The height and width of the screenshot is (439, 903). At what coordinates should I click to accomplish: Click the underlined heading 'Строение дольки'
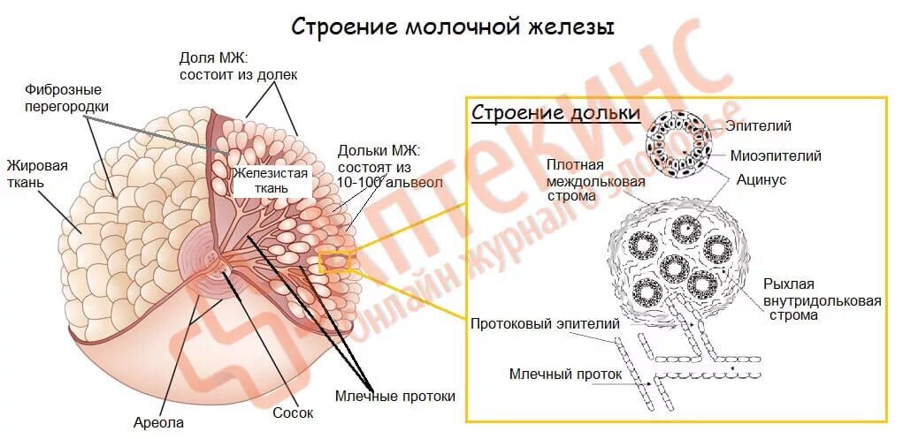(555, 113)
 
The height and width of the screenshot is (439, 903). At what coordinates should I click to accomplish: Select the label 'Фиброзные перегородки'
(63, 98)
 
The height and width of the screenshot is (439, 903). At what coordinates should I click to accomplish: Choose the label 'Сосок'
(293, 413)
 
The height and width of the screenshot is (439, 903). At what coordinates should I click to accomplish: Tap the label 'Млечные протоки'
(395, 396)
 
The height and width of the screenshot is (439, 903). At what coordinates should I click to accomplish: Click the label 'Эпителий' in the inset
(758, 126)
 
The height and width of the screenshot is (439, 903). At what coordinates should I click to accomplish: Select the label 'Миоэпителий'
(776, 155)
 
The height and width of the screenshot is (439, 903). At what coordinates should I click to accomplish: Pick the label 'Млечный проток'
(566, 374)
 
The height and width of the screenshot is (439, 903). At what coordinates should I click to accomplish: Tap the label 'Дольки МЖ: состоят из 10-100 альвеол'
(378, 166)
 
